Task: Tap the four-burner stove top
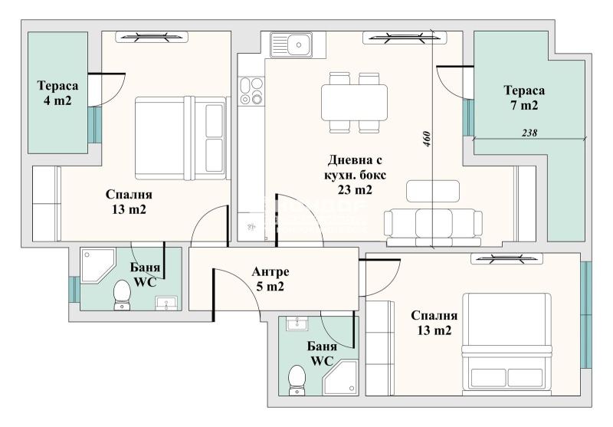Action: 251,90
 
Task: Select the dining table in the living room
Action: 355,103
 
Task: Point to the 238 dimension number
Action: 529,133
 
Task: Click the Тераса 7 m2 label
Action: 524,98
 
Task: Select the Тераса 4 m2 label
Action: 58,93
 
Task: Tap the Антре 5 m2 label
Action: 270,279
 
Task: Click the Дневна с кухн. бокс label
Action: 355,167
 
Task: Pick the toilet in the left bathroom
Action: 122,295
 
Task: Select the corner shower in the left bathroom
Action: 98,264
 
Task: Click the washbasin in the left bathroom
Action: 166,304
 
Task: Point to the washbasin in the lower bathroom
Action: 297,323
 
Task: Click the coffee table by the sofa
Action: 433,191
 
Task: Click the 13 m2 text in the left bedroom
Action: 129,209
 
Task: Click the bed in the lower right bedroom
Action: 507,342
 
